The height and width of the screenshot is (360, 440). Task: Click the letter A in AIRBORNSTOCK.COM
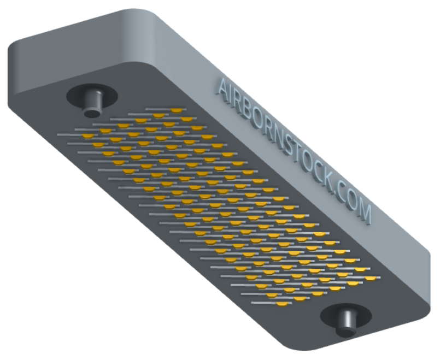pyautogui.click(x=223, y=87)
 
